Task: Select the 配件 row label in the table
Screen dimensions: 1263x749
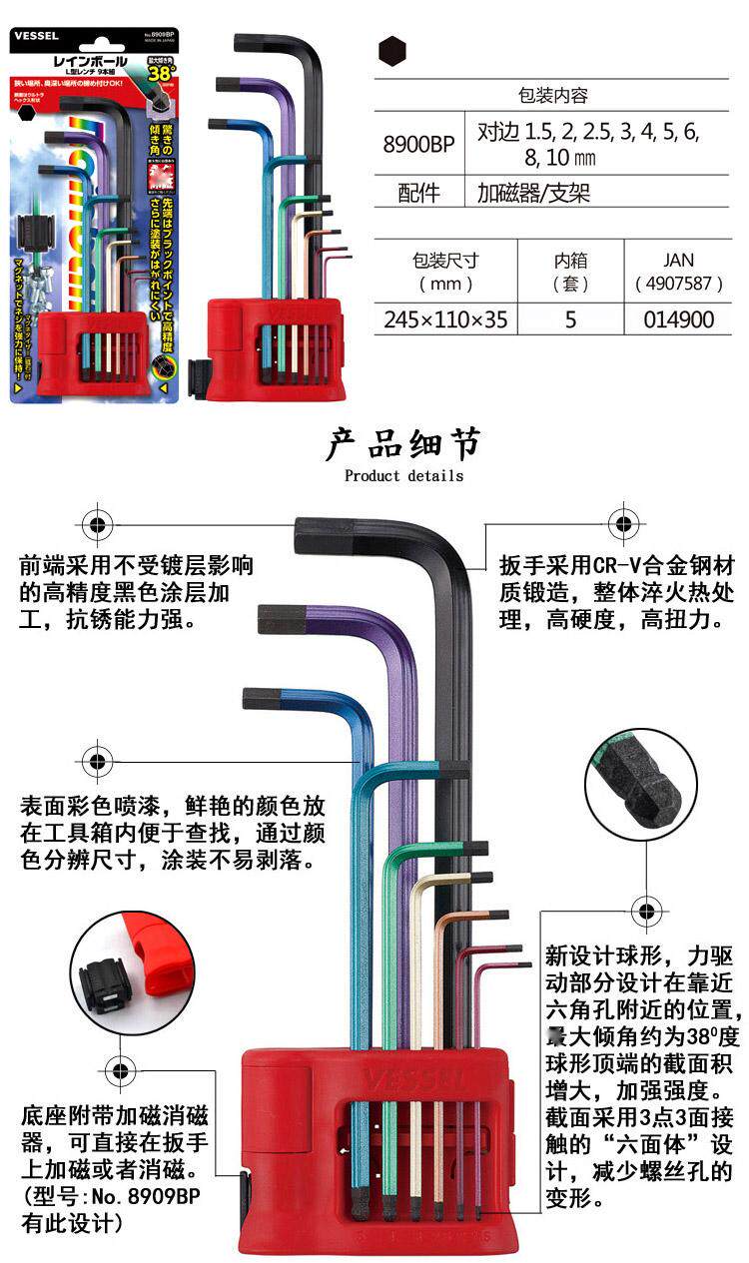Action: pos(418,193)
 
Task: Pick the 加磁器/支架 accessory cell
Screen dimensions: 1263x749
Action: pos(533,193)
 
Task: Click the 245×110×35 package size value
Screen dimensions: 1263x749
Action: pos(445,319)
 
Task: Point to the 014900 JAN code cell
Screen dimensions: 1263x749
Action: pos(678,319)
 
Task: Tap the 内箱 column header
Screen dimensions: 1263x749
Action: pos(571,271)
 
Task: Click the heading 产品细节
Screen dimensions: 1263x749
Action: pos(403,444)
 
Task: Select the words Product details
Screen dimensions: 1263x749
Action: pos(403,475)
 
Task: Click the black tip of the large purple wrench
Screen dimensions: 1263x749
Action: pos(275,619)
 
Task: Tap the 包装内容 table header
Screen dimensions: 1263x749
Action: pos(553,96)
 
